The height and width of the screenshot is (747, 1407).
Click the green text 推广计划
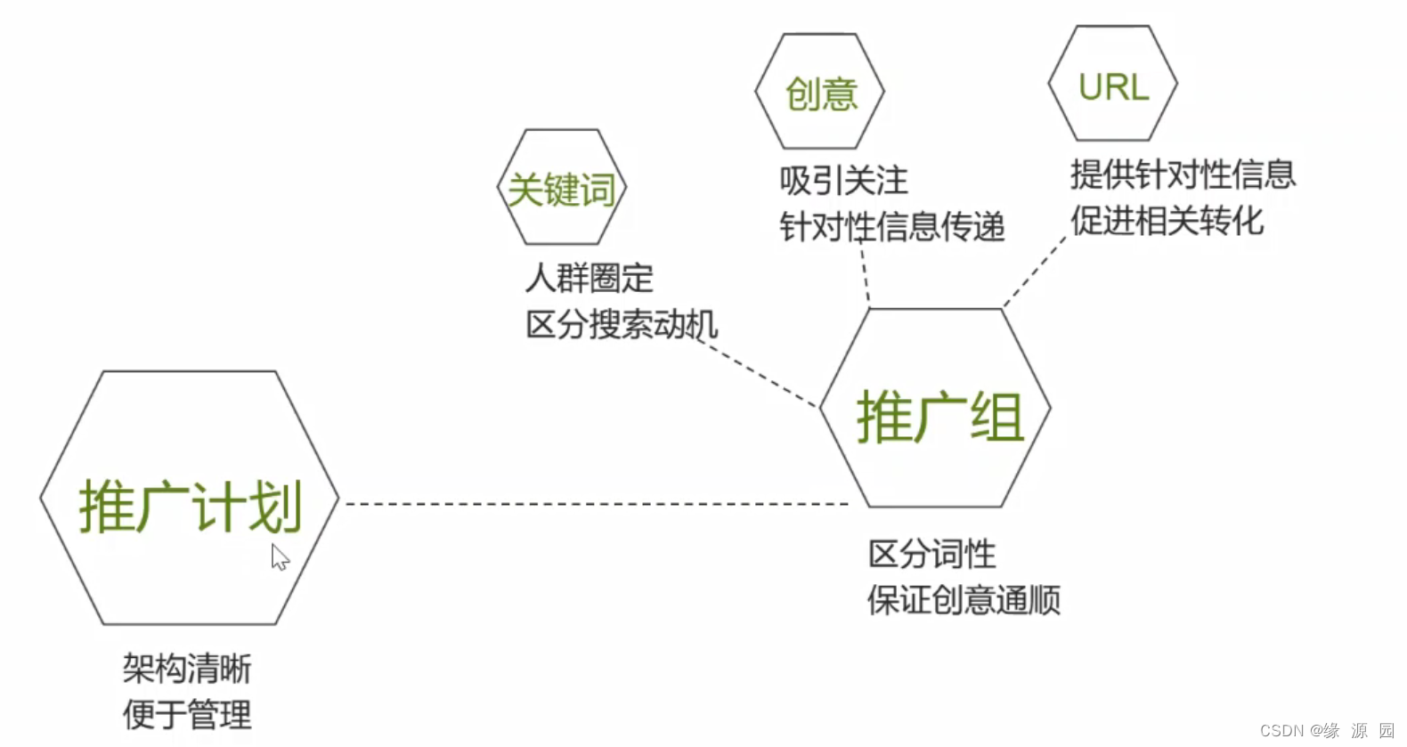coord(191,507)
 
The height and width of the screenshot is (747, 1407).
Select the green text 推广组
coord(939,417)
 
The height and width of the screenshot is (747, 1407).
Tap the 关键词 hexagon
coord(562,188)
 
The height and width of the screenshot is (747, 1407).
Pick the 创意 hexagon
coord(820,93)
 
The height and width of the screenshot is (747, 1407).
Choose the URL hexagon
coord(1113,85)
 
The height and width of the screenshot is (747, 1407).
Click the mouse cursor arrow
coord(280,556)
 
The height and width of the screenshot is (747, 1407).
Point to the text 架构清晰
coord(187,669)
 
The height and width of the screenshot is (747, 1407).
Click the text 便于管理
coord(187,714)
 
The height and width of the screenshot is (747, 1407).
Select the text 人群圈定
coord(589,279)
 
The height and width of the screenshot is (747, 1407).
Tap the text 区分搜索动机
coord(622,324)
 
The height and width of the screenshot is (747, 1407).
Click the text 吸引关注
coord(843,181)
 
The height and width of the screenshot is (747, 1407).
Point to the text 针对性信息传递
coord(891,226)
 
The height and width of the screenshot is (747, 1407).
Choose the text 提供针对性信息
coord(1183,174)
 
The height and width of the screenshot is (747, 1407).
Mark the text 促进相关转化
coord(1167,220)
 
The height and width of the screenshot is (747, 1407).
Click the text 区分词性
coord(931,554)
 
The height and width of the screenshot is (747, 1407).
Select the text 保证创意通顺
coord(964,600)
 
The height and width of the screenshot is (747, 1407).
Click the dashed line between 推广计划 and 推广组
coord(597,504)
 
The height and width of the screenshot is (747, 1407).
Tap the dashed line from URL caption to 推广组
coord(1035,272)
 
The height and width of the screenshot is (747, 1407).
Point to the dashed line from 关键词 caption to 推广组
coord(761,378)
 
